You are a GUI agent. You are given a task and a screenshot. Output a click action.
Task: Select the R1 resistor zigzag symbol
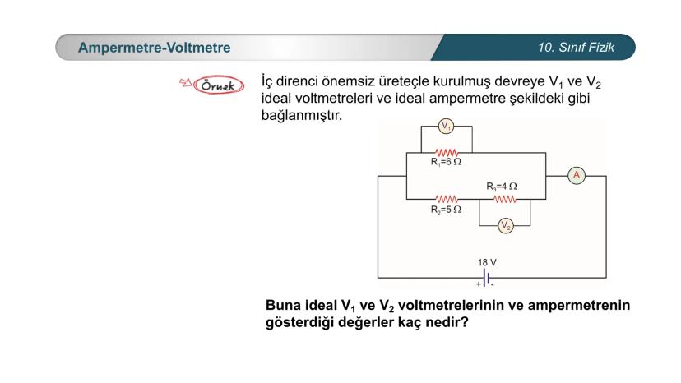447,152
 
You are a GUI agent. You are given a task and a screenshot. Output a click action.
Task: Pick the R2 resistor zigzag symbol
447,200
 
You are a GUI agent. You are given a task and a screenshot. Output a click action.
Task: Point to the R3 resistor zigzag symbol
505,200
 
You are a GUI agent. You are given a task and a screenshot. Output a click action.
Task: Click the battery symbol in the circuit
486,277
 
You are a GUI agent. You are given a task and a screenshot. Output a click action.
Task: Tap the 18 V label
487,262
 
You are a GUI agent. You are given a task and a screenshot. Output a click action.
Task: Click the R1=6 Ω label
446,162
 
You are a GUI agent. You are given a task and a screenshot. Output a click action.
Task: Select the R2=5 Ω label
446,210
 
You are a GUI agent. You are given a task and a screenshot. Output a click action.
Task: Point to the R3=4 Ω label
502,187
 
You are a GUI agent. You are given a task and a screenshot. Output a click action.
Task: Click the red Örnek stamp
219,85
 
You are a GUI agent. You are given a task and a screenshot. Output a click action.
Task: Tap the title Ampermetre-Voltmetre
154,48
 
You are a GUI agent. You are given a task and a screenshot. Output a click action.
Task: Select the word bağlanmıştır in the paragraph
301,116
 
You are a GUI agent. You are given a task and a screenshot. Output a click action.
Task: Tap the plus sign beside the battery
479,284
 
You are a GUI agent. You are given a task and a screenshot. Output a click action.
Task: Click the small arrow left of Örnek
185,82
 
